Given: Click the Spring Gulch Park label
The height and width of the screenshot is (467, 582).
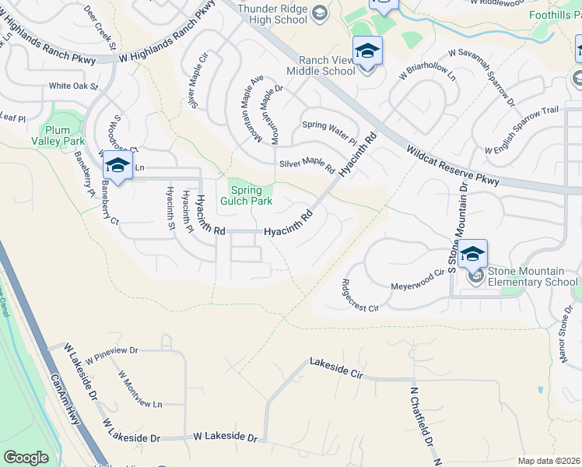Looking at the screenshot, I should coord(251,195).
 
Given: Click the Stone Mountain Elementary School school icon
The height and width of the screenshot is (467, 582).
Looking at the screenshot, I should coord(472,255).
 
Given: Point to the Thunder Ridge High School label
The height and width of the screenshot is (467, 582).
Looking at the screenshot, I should coord(272,14).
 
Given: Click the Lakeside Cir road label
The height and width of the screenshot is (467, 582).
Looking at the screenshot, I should coord(337,368).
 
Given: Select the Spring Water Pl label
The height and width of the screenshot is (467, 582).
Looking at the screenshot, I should coord(329,133).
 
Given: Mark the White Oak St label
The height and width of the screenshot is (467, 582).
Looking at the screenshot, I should coord(74,86).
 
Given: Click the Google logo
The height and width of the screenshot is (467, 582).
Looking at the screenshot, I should coord(26,458).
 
